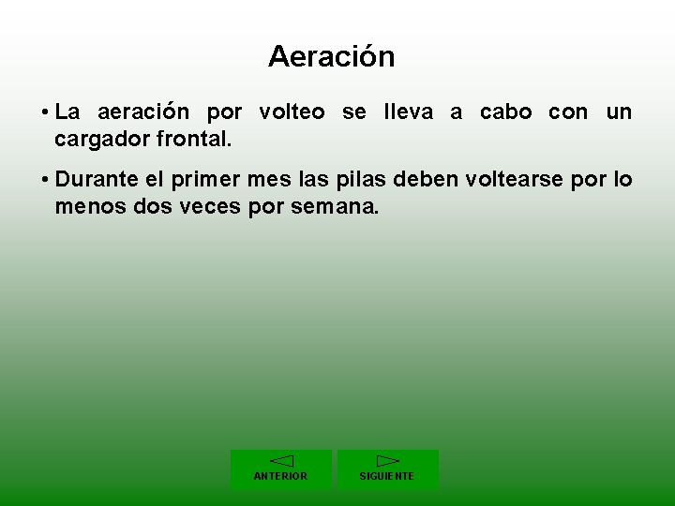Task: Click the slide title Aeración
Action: (x=331, y=57)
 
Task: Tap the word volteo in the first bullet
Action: (x=292, y=112)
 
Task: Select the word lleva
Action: (x=408, y=112)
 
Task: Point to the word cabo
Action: (x=505, y=112)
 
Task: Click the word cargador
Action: (x=97, y=141)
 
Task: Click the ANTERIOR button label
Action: (x=280, y=476)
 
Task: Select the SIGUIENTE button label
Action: (x=386, y=476)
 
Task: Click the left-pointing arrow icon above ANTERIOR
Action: (x=281, y=460)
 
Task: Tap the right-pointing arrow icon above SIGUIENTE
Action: (x=387, y=460)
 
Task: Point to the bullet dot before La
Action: (x=45, y=113)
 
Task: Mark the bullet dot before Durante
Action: (x=45, y=180)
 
